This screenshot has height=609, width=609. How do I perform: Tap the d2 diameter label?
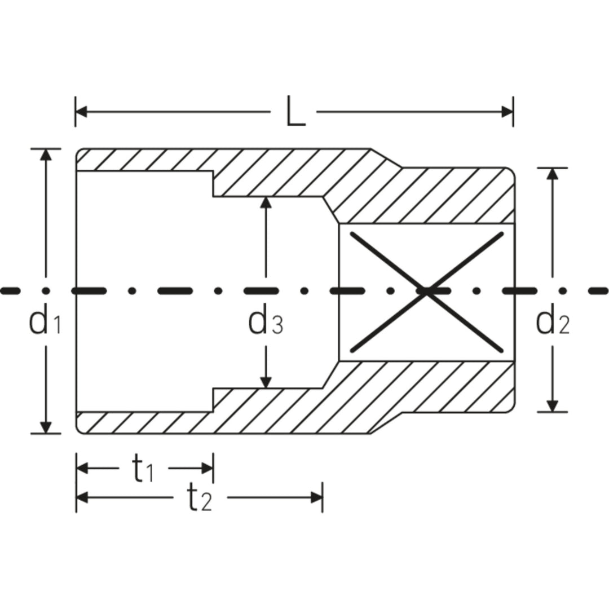pyautogui.click(x=553, y=323)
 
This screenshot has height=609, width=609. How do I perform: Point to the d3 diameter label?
pyautogui.click(x=265, y=323)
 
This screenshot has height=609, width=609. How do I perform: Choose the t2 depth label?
pyautogui.click(x=198, y=498)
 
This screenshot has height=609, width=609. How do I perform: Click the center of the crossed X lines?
pyautogui.click(x=427, y=292)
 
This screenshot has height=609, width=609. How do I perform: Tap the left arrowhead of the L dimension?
pyautogui.click(x=82, y=112)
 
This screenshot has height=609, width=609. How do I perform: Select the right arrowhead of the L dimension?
pyautogui.click(x=507, y=112)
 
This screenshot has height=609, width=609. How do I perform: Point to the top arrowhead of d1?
pyautogui.click(x=46, y=155)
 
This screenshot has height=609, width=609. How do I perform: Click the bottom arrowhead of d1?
pyautogui.click(x=46, y=427)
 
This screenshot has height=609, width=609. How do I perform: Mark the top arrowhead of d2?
pyautogui.click(x=553, y=174)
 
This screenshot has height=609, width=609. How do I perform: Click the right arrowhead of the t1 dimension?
pyautogui.click(x=207, y=468)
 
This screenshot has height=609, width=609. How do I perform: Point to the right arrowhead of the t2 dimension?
pyautogui.click(x=316, y=497)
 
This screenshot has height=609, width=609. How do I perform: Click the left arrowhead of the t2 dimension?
pyautogui.click(x=82, y=497)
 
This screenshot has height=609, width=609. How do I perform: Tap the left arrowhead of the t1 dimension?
pyautogui.click(x=82, y=468)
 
